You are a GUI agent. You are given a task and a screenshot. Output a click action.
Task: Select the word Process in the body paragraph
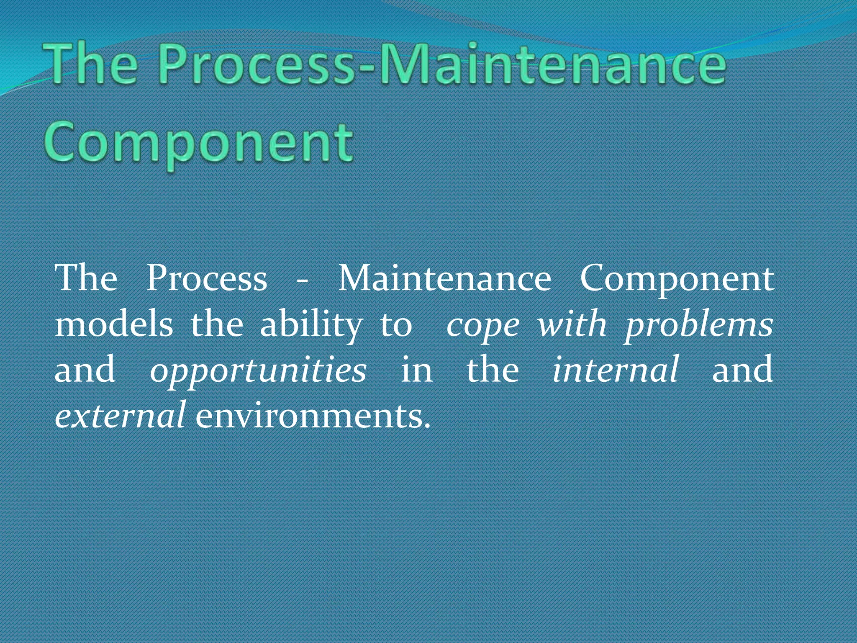[x=207, y=279]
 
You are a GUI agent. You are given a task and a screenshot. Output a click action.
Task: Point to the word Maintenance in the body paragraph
[x=444, y=279]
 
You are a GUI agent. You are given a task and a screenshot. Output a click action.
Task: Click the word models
[x=114, y=325]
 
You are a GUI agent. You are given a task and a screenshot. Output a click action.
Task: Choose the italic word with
[x=572, y=325]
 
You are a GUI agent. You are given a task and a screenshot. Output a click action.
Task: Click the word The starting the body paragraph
[x=86, y=279]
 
